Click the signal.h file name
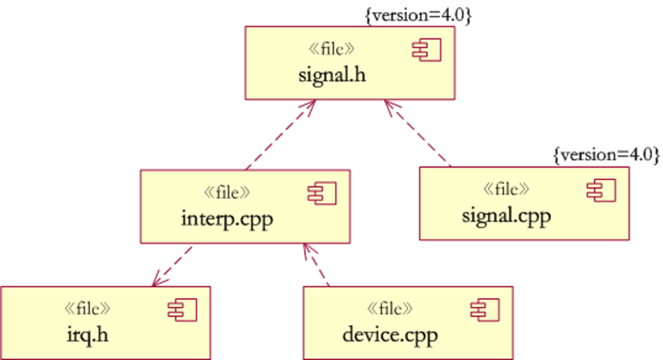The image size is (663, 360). tap(332, 75)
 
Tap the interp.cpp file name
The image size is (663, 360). tap(227, 218)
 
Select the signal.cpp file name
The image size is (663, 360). tap(506, 216)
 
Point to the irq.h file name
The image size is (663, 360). tap(87, 334)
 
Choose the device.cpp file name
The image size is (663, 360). tap(390, 334)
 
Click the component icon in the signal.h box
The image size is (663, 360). tap(426, 52)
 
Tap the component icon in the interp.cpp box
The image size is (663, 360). tap(322, 193)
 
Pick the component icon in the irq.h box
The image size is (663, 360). tap(182, 309)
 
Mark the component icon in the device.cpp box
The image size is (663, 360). tap(485, 309)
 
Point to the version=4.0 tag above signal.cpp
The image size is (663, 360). tap(606, 155)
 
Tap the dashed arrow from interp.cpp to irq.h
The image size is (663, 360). tap(172, 265)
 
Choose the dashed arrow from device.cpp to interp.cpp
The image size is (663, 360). tap(316, 265)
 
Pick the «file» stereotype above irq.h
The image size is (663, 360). tap(87, 308)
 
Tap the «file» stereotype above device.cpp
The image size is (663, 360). tap(390, 308)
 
